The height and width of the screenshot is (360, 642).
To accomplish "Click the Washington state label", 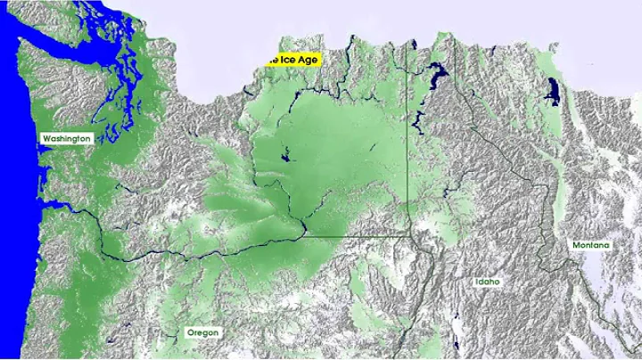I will coord(66,139).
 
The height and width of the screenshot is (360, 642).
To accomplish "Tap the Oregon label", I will coord(202,332).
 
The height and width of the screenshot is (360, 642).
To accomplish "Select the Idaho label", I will coord(487,282).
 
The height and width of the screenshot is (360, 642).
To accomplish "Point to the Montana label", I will coord(591,245).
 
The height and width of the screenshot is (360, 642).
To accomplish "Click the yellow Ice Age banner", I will coord(292,60).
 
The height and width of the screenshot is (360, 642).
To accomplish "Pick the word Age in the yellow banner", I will coord(307,60).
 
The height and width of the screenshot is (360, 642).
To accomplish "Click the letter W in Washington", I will coord(46,139).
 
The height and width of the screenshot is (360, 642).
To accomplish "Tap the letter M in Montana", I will coord(577,245).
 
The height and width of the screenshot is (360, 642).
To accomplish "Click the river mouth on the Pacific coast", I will coord(43,207).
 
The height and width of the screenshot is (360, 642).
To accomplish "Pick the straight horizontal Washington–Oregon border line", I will coord(357,236).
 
